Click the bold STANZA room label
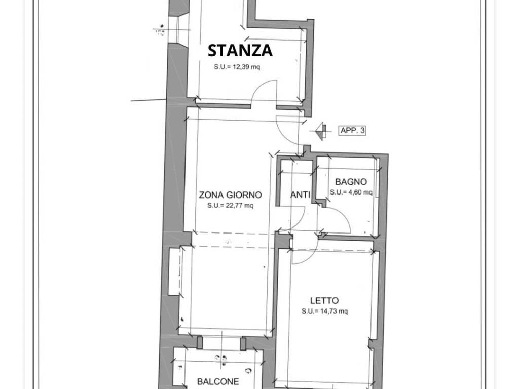pyautogui.click(x=240, y=51)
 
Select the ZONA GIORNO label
pyautogui.click(x=230, y=195)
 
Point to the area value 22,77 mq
pyautogui.click(x=230, y=206)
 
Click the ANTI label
pyautogui.click(x=300, y=195)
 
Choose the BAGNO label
pyautogui.click(x=351, y=182)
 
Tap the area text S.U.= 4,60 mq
pyautogui.click(x=351, y=192)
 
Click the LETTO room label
pyautogui.click(x=324, y=301)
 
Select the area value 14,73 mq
pyautogui.click(x=324, y=311)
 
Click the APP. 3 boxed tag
pyautogui.click(x=352, y=131)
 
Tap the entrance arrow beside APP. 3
pyautogui.click(x=320, y=131)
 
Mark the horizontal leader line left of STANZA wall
pyautogui.click(x=149, y=100)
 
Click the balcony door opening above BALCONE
pyautogui.click(x=221, y=343)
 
